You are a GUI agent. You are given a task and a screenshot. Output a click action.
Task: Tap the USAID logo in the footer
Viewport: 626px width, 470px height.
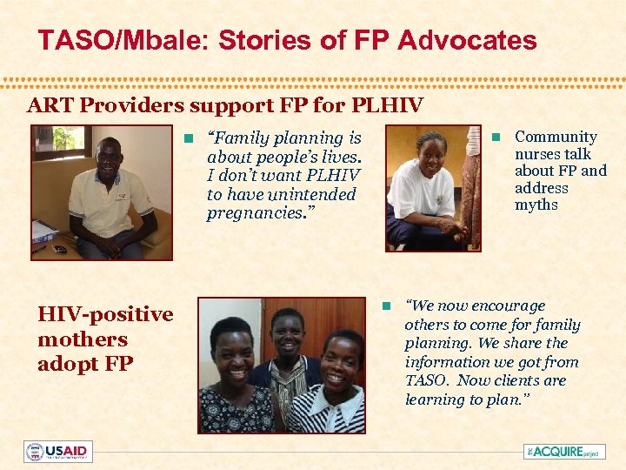point(57,452)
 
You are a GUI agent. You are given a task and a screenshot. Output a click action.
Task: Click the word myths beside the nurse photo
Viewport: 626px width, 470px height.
point(536,205)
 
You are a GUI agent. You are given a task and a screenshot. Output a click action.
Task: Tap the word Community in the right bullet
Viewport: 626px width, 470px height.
point(556,137)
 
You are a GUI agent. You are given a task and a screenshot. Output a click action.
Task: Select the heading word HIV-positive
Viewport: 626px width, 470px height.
point(105,314)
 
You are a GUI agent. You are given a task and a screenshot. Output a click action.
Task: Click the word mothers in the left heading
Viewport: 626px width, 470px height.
point(83,339)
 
